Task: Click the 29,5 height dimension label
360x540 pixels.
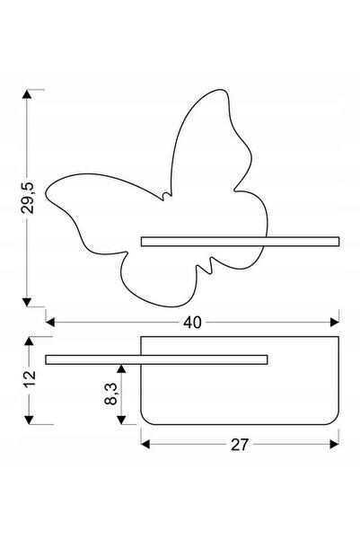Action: (28, 198)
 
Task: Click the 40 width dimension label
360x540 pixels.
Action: (192, 323)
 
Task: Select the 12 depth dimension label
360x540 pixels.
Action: (30, 379)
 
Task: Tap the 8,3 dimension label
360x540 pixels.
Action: (111, 394)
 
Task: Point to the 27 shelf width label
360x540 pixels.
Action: (239, 445)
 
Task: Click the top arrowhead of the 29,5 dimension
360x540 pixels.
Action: (27, 94)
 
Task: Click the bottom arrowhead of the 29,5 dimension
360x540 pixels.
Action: (27, 302)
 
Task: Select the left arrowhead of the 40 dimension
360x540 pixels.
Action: (50, 323)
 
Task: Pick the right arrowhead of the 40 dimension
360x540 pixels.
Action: (335, 323)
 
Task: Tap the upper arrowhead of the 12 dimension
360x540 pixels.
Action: (30, 341)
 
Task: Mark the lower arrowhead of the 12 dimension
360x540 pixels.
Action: (30, 420)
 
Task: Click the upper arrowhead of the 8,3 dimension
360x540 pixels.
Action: (121, 368)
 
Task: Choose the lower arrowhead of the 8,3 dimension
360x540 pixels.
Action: (121, 420)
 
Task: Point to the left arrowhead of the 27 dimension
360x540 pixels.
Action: (145, 444)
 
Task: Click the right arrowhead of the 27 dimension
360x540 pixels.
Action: (335, 444)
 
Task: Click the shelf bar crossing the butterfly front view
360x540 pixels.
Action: (241, 242)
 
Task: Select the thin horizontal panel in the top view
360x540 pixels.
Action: (156, 359)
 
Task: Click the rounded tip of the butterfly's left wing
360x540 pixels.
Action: (47, 193)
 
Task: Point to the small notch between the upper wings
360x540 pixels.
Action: (166, 195)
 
